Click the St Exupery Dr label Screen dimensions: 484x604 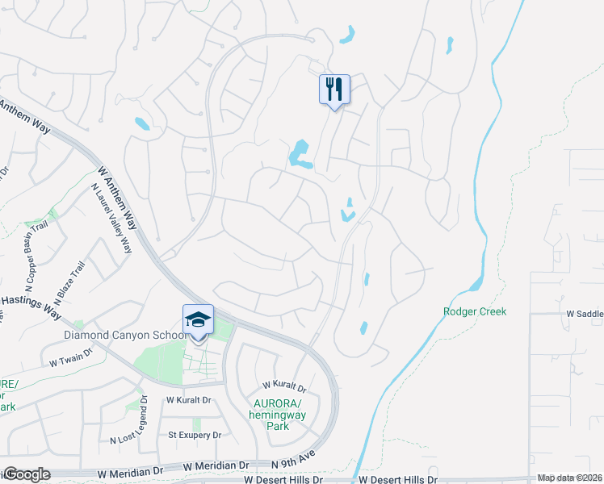pos(194,435)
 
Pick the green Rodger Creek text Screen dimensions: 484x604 pos(475,311)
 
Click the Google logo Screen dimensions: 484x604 pos(26,474)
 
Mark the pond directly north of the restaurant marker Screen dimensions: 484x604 pos(347,35)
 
